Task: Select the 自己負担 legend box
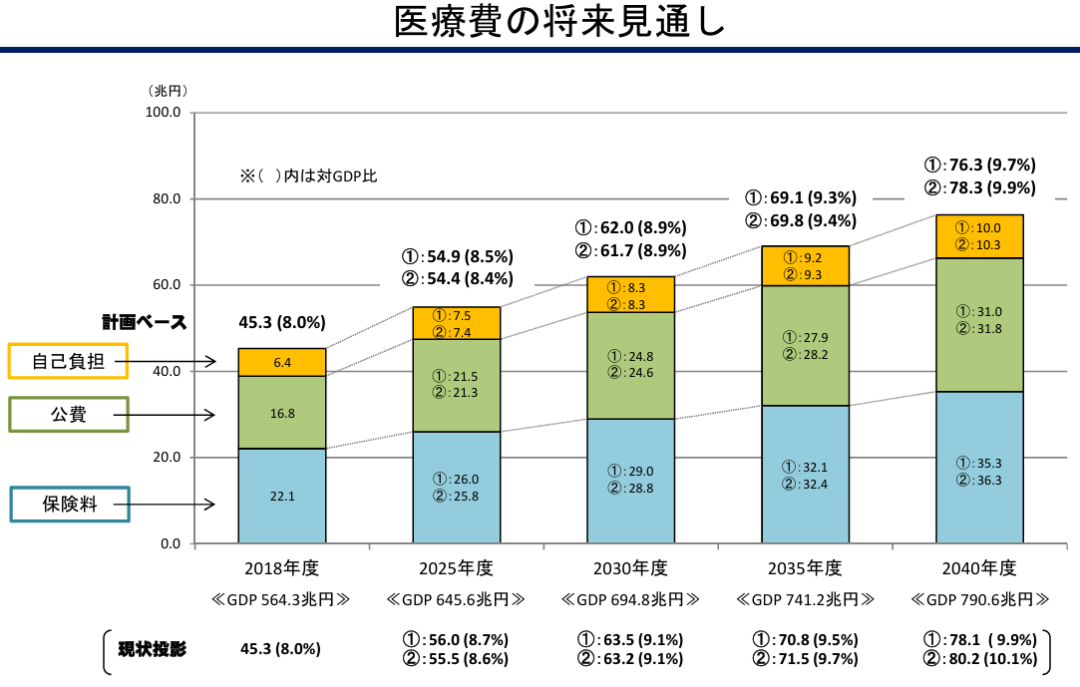69,362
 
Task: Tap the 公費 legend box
69,414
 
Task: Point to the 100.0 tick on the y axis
163,113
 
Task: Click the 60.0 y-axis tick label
164,285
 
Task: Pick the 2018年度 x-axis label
281,568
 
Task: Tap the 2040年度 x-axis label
979,568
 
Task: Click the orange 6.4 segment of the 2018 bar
281,362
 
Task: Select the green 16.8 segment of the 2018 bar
281,413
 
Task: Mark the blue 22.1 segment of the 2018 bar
281,497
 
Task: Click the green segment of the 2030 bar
630,365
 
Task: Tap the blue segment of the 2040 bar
979,469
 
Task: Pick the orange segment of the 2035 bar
805,266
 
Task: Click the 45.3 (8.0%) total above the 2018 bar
282,323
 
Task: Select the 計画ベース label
144,323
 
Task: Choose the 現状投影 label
153,649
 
